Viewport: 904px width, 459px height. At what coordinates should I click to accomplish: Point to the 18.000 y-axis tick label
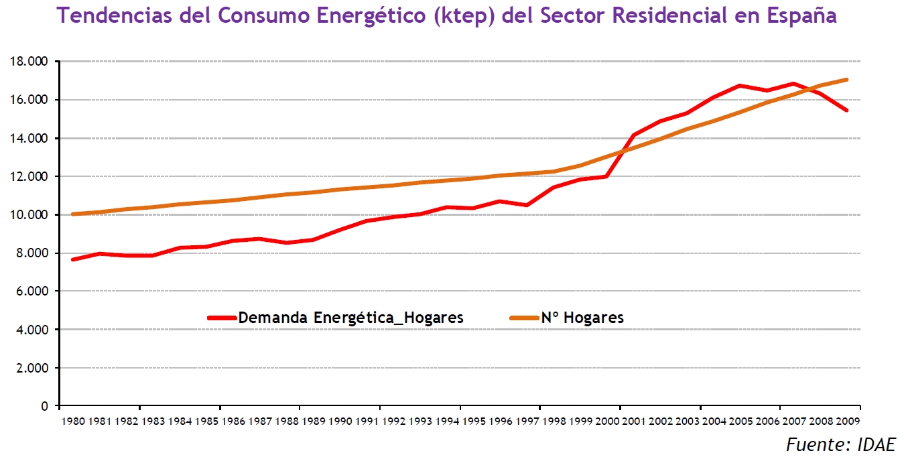click(29, 62)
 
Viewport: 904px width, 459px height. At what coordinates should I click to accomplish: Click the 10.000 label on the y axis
click(29, 215)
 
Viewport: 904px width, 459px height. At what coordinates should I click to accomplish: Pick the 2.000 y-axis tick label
click(32, 369)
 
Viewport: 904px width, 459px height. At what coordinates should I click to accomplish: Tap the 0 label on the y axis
click(45, 407)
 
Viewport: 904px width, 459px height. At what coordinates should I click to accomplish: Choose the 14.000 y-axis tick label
click(29, 139)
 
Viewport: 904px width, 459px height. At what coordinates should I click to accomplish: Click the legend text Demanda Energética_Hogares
click(350, 318)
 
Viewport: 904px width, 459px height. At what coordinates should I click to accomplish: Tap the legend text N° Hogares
click(582, 318)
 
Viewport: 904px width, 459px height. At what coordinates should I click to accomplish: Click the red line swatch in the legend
click(222, 318)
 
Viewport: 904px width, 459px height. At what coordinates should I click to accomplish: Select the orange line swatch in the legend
click(525, 318)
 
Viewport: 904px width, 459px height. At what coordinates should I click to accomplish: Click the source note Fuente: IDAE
click(840, 444)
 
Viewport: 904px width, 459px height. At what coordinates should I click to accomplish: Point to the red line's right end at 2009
click(847, 110)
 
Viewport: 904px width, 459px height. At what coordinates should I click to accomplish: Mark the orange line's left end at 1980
click(72, 214)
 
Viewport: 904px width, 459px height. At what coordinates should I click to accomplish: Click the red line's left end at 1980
click(72, 259)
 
